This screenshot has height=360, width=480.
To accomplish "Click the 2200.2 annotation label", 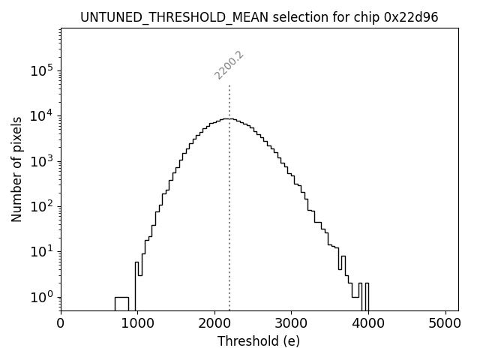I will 229,65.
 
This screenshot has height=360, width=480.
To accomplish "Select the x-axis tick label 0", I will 61,325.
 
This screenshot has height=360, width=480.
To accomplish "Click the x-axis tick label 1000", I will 137,325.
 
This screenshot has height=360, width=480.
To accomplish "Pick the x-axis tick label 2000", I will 214,325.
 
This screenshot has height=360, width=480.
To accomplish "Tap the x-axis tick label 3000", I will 291,325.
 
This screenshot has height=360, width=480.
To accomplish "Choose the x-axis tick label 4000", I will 368,325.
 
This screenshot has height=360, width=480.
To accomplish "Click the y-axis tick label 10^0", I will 41,297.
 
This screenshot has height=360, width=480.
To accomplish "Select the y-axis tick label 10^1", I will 41,251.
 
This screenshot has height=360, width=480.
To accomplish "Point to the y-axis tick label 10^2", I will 41,206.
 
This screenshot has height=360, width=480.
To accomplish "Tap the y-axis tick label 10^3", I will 41,161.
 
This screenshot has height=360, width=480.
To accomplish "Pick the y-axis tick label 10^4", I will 41,115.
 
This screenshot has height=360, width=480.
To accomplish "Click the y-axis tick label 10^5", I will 41,70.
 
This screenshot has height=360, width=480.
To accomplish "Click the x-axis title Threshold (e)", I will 259,341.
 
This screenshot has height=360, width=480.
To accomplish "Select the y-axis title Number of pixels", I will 16,169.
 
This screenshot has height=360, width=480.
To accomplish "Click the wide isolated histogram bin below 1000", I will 121,304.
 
